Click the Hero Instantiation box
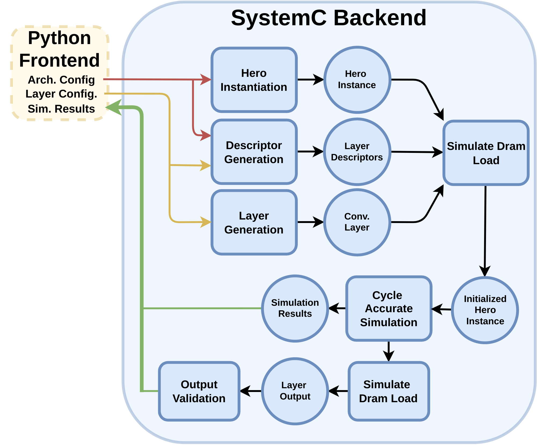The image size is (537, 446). click(x=254, y=80)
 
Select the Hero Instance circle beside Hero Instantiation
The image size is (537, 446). click(x=357, y=80)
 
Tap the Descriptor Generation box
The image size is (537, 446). click(x=254, y=152)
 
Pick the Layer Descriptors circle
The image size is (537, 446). click(x=357, y=152)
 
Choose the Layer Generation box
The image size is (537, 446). click(x=254, y=222)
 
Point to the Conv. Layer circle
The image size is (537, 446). click(x=357, y=222)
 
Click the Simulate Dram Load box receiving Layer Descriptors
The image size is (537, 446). click(x=486, y=153)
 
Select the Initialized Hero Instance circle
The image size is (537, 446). click(x=485, y=310)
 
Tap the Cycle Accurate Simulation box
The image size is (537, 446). click(x=389, y=309)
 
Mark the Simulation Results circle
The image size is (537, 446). click(x=295, y=308)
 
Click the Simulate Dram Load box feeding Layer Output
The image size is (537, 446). click(x=389, y=391)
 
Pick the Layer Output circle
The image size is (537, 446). click(x=295, y=391)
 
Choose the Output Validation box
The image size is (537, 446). click(x=199, y=391)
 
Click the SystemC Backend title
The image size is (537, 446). click(x=329, y=18)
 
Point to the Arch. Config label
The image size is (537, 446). click(x=61, y=80)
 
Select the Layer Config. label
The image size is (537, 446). click(x=61, y=94)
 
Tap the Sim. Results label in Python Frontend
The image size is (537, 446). click(x=61, y=109)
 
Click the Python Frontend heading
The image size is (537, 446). click(x=59, y=49)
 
